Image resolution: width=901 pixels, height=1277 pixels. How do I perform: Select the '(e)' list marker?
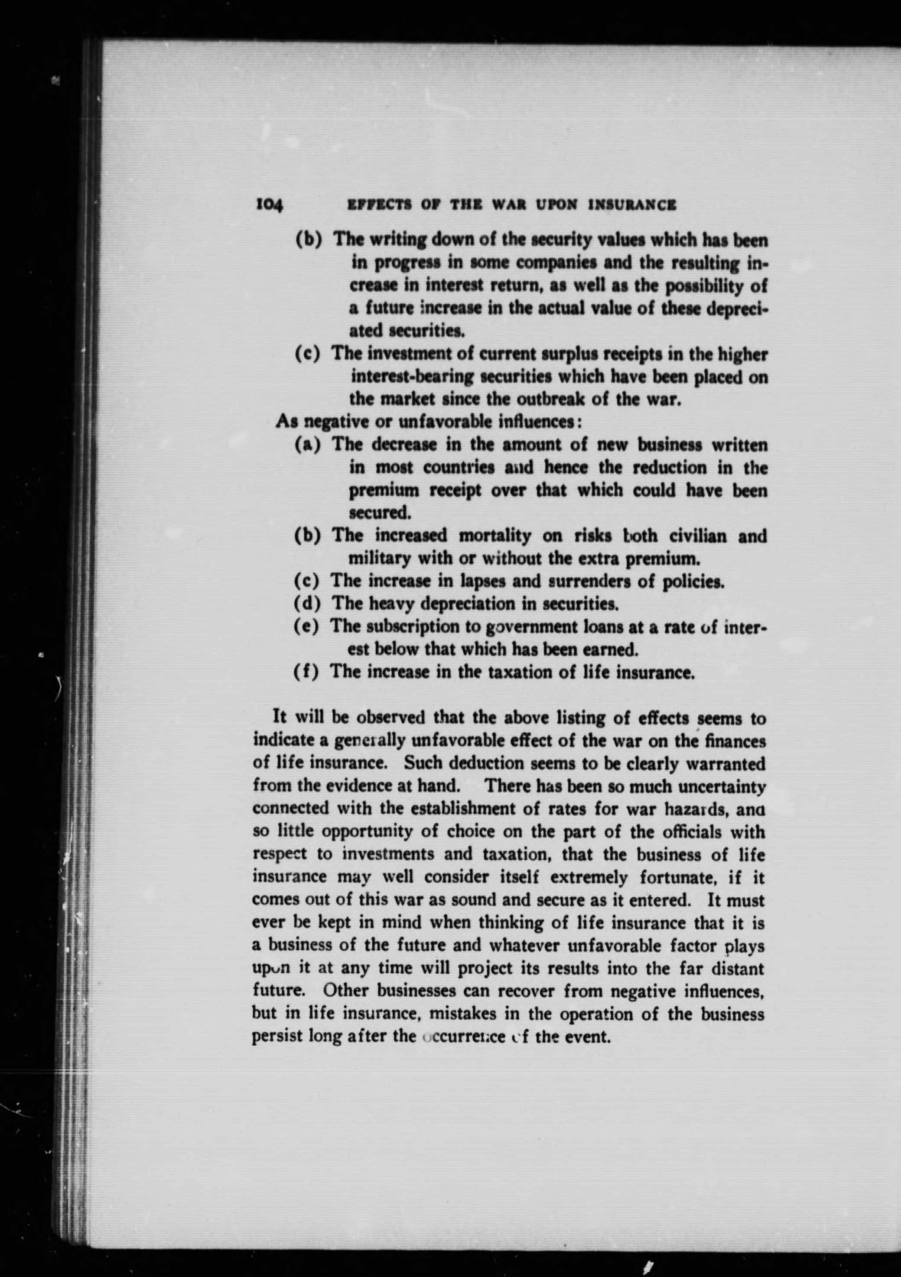pyautogui.click(x=307, y=626)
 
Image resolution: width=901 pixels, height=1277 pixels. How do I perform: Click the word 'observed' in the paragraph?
pyautogui.click(x=390, y=718)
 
